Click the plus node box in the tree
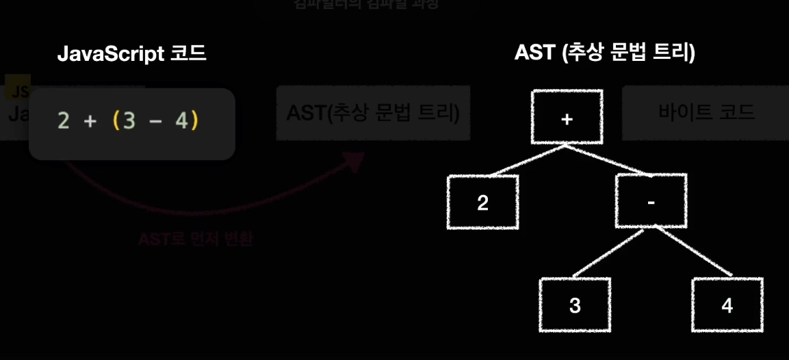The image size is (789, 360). pyautogui.click(x=566, y=117)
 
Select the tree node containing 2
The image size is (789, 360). pyautogui.click(x=482, y=203)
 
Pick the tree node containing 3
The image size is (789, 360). pyautogui.click(x=574, y=305)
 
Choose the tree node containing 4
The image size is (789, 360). pyautogui.click(x=727, y=305)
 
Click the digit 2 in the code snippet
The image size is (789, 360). pyautogui.click(x=64, y=121)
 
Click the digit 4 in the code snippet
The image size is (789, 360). pyautogui.click(x=181, y=121)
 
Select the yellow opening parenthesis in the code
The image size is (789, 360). pyautogui.click(x=116, y=121)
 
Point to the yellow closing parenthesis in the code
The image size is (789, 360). pyautogui.click(x=194, y=121)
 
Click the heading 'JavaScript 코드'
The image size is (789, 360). pyautogui.click(x=131, y=54)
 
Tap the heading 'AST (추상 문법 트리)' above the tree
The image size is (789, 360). pyautogui.click(x=604, y=54)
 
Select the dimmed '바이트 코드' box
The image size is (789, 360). pyautogui.click(x=705, y=112)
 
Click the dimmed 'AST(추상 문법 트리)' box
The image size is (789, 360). pyautogui.click(x=373, y=112)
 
